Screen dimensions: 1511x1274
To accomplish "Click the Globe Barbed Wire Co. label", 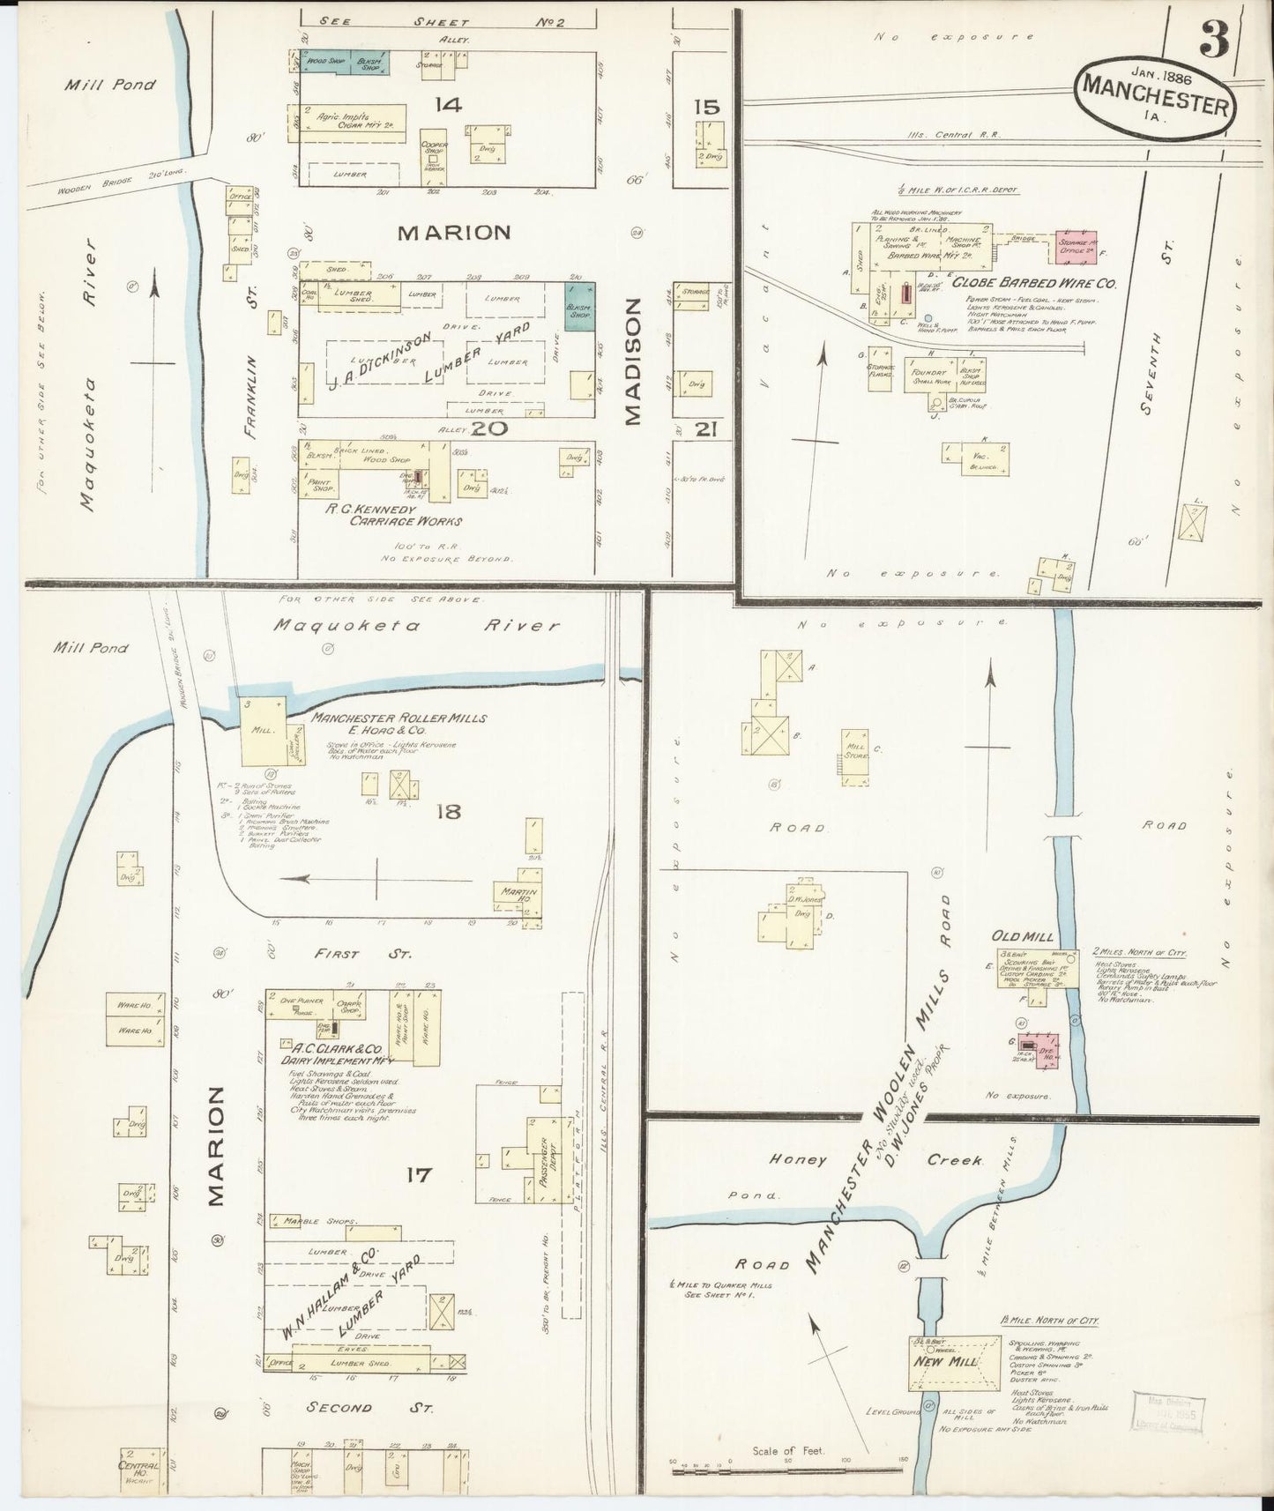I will click(x=1033, y=285).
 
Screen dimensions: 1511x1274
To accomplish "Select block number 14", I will click(x=447, y=106).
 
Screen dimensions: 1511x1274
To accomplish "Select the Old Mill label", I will click(x=1013, y=935).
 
